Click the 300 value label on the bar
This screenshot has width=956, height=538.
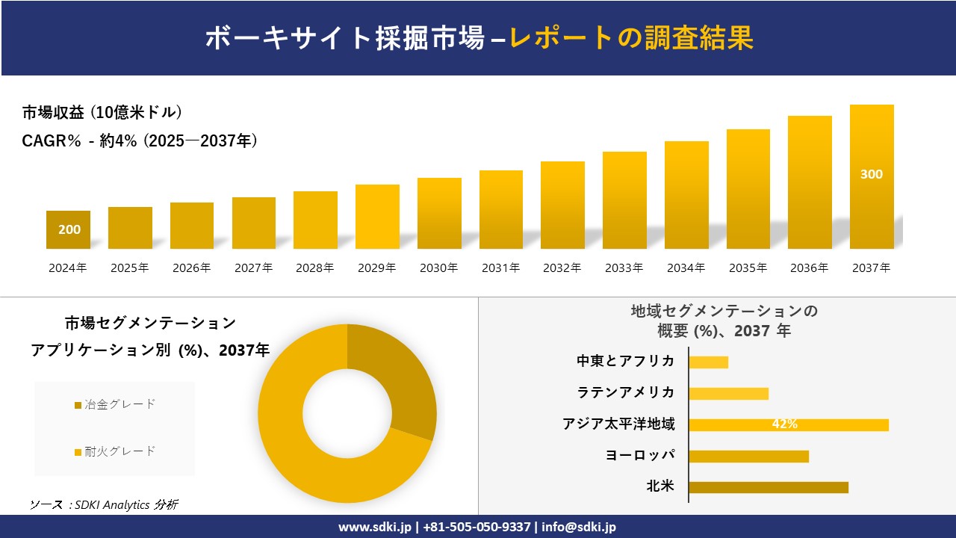coord(872,174)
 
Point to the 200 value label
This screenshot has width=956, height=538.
coord(69,229)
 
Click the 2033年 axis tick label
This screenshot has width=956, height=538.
coord(624,268)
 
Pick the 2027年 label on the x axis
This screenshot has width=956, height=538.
coord(253,268)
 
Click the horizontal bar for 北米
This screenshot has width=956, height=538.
coord(768,487)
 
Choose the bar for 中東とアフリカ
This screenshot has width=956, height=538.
coord(708,362)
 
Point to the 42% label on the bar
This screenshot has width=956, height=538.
coord(784,424)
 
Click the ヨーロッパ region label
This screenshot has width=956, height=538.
coord(640,455)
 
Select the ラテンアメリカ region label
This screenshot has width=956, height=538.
coord(625,392)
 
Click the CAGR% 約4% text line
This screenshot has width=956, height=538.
coord(140,140)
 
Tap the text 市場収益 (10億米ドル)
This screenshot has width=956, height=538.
coord(102,113)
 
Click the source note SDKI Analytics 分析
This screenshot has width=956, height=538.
coord(105,504)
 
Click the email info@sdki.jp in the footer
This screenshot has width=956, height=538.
coord(579,527)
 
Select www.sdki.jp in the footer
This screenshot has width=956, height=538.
coord(374,527)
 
